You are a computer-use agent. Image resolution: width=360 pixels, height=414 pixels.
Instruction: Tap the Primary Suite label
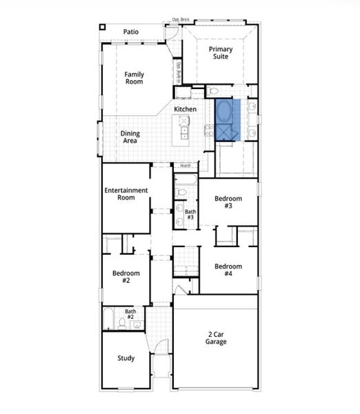(x=221, y=52)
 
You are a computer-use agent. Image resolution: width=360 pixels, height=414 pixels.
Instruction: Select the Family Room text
(x=134, y=77)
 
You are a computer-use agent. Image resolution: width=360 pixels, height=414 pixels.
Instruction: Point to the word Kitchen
(x=185, y=110)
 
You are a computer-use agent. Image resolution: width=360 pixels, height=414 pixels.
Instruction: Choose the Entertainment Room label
(x=126, y=194)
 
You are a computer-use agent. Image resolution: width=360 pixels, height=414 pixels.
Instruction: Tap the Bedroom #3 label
(x=228, y=201)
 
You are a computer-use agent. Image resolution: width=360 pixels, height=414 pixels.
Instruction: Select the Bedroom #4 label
(x=228, y=270)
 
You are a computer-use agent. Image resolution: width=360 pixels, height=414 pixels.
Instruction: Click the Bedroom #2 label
(x=126, y=277)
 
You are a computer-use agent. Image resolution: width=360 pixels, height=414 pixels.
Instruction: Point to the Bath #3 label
(x=190, y=215)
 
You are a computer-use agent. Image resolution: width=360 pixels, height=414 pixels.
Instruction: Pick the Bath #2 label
(x=130, y=314)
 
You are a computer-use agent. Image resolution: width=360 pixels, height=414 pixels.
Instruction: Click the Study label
(x=126, y=358)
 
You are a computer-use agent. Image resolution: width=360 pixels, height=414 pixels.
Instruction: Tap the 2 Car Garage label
(x=215, y=338)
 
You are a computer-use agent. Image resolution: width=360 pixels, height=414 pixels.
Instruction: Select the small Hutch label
(x=186, y=166)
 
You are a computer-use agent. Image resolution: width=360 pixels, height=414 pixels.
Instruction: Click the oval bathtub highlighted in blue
(x=226, y=112)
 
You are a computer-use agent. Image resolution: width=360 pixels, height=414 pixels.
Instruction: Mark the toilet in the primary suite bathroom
(x=213, y=91)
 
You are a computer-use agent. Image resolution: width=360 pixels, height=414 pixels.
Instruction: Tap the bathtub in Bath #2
(x=109, y=319)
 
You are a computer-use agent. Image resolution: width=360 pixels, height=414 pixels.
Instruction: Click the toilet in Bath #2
(x=122, y=323)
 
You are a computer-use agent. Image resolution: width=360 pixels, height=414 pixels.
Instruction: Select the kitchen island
(x=184, y=128)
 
